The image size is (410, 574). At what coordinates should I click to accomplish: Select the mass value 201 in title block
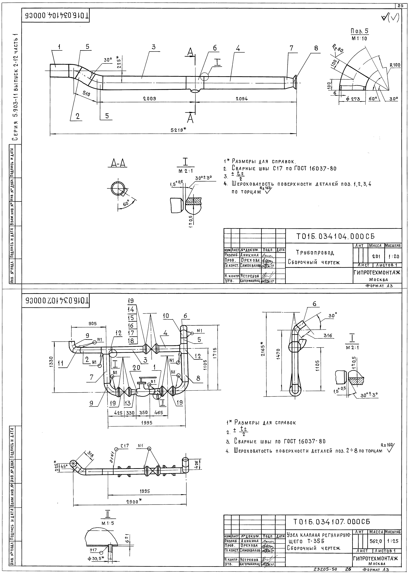tap(376, 256)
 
